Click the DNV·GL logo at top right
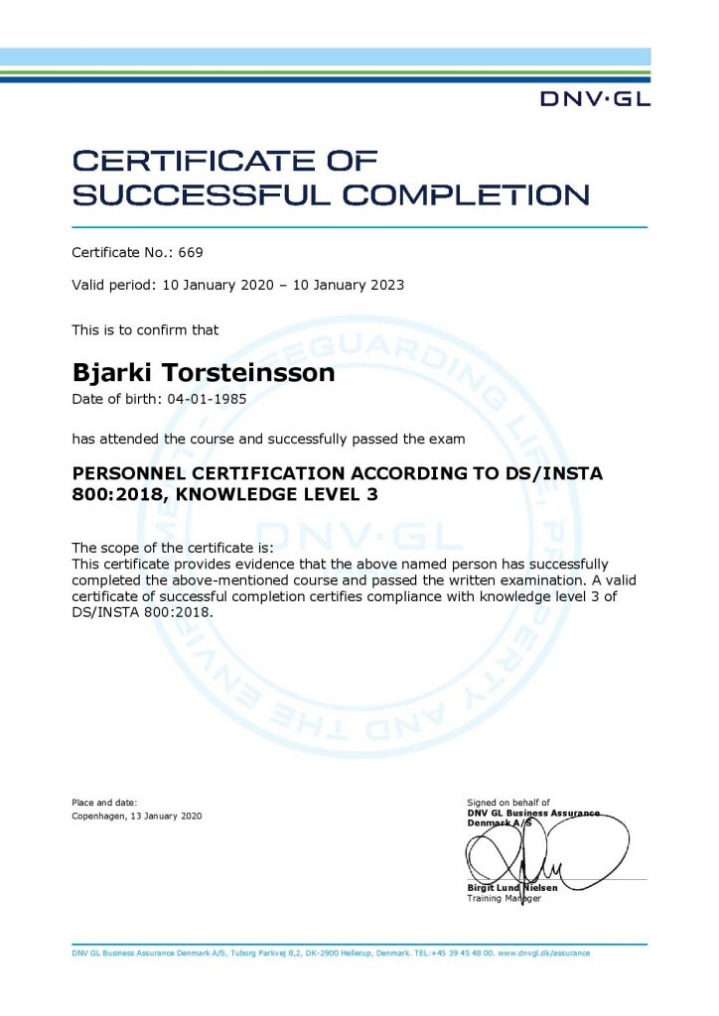coord(595,98)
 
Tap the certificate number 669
coord(191,253)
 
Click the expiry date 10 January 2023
coord(347,285)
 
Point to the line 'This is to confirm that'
coord(145,329)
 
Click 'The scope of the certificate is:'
coord(172,549)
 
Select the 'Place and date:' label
coord(104,802)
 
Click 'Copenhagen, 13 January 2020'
coord(137,816)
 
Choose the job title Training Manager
coord(503,899)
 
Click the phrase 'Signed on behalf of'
coord(507,802)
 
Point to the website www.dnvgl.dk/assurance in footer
coord(543,952)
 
